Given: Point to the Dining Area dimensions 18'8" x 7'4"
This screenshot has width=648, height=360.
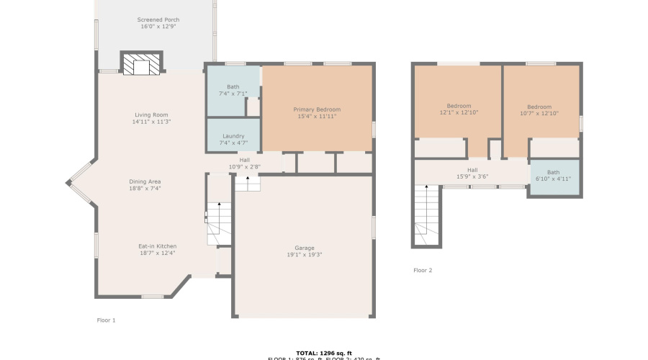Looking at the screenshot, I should click(x=145, y=188).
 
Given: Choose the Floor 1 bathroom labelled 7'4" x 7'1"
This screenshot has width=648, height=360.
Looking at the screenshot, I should click(x=233, y=90).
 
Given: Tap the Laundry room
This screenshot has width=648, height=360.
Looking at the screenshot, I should click(x=233, y=139).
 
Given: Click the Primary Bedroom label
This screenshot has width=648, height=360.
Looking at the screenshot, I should click(x=317, y=112).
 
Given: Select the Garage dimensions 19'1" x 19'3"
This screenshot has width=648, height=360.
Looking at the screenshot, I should click(x=303, y=254).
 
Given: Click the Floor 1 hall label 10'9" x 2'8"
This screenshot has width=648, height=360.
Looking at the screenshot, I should click(x=245, y=166).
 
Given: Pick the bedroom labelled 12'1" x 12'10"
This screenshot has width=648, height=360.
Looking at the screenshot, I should click(x=459, y=109).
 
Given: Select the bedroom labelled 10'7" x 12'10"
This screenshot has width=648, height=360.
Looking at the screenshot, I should click(x=539, y=109).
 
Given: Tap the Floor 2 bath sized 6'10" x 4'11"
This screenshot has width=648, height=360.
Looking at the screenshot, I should click(x=553, y=176).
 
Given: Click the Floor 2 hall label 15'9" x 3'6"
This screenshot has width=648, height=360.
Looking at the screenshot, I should click(x=472, y=174).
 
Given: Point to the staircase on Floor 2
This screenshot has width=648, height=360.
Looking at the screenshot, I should click(x=426, y=215).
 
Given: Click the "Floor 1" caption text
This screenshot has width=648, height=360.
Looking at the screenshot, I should click(x=106, y=320).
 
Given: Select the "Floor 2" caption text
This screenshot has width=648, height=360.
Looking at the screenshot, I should click(x=423, y=270).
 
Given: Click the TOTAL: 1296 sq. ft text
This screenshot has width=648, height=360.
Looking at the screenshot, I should click(x=324, y=352).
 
